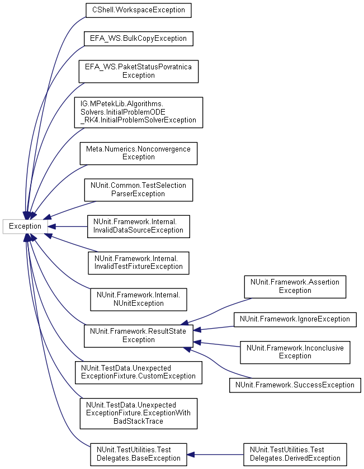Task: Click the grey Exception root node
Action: click(25, 226)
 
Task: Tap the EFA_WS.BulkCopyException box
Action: click(138, 39)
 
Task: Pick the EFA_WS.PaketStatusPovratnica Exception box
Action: click(137, 71)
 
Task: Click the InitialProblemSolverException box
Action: click(138, 112)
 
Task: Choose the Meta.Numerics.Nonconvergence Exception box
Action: click(138, 153)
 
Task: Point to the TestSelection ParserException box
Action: click(138, 190)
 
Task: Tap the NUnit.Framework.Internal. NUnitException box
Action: click(138, 299)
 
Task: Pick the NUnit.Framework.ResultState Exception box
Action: click(138, 335)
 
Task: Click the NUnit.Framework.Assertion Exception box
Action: click(295, 286)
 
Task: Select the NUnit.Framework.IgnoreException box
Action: click(295, 319)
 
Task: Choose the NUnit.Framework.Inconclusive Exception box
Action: click(295, 352)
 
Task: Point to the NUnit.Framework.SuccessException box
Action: click(295, 385)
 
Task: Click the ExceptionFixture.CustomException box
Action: click(138, 372)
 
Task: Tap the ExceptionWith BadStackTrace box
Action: click(138, 413)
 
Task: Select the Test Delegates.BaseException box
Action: click(138, 454)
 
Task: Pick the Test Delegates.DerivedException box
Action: click(295, 454)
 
